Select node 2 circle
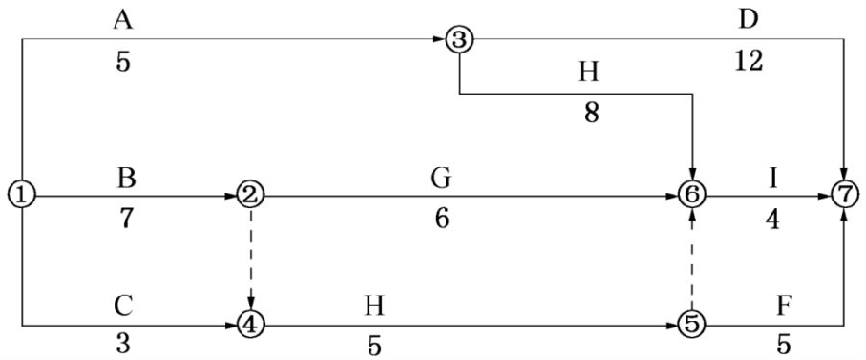coord(251,194)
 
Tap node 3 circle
coord(460,39)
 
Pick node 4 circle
coord(251,324)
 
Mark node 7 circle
coord(845,194)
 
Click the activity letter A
coord(124,21)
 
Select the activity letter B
coord(126,179)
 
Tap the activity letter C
coord(125,305)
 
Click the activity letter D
coord(749,20)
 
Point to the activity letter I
coord(774,179)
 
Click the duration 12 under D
coord(749,63)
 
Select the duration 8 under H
coord(592,115)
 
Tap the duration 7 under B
coord(125,219)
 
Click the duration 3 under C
coord(124,344)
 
